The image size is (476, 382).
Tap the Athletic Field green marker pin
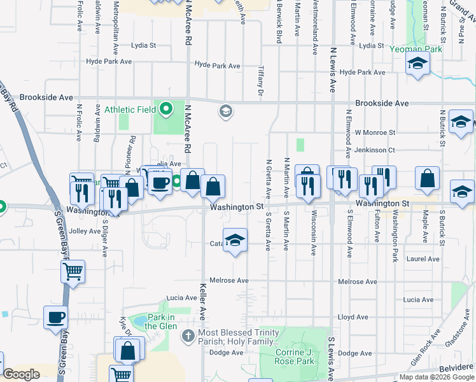tap(166, 109)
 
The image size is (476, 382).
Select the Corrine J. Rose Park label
tap(295, 357)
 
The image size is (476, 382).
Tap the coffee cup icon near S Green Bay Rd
tap(55, 316)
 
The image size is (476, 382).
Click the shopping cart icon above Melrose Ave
tap(73, 272)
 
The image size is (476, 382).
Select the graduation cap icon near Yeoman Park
tap(418, 63)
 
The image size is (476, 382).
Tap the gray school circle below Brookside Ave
tap(225, 111)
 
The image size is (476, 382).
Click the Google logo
tap(22, 374)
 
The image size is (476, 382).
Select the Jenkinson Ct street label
tap(375, 150)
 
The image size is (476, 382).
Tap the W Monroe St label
tap(375, 132)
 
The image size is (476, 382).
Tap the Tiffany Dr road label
tap(261, 81)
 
